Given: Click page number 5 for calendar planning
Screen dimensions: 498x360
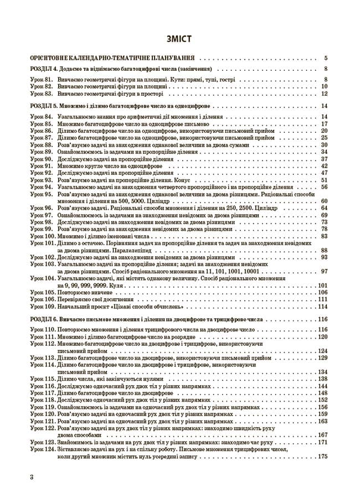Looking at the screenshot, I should (327, 57).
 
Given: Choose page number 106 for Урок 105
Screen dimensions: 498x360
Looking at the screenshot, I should (323, 292).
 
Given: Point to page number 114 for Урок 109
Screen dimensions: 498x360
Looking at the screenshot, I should (323, 307).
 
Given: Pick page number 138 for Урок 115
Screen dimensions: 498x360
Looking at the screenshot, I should (323, 378).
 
